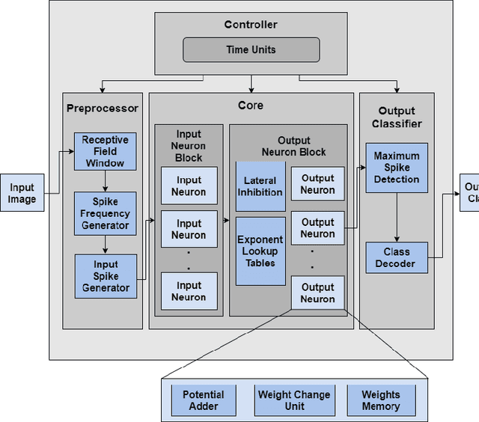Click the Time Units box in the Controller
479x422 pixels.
[x=251, y=49]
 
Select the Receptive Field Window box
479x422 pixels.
[x=105, y=151]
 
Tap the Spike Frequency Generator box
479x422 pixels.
[x=105, y=213]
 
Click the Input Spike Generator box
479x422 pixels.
[x=106, y=276]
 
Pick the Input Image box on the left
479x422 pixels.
[x=22, y=193]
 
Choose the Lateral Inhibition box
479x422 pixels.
[x=260, y=186]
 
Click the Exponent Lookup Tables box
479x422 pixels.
[x=260, y=251]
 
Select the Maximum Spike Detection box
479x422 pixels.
[x=397, y=168]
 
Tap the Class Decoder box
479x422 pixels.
[x=397, y=257]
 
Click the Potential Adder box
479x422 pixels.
[x=204, y=400]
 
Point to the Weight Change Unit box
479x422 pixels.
[x=293, y=400]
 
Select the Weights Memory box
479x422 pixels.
[x=380, y=400]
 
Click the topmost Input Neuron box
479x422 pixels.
[x=189, y=186]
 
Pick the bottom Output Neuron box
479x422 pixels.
[x=318, y=293]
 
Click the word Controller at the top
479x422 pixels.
[x=251, y=25]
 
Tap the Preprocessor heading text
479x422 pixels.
[x=103, y=108]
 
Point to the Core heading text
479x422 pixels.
[x=251, y=105]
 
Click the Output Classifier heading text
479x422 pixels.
[x=397, y=117]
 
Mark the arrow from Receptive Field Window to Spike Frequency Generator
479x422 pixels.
[x=105, y=180]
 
